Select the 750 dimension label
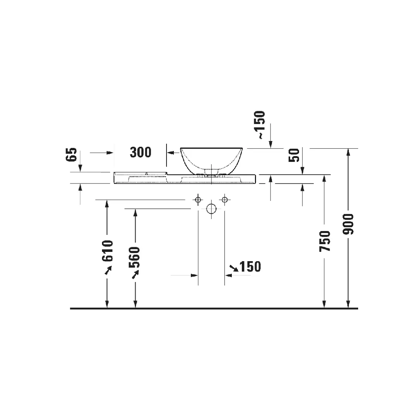point(325,241)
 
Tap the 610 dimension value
point(107,250)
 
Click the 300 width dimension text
point(140,152)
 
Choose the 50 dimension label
point(295,155)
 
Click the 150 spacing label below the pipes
point(250,267)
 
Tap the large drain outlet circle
point(211,209)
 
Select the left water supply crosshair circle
point(198,200)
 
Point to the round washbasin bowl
point(211,159)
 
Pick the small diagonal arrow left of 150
point(234,267)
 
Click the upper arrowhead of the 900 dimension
point(348,152)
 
